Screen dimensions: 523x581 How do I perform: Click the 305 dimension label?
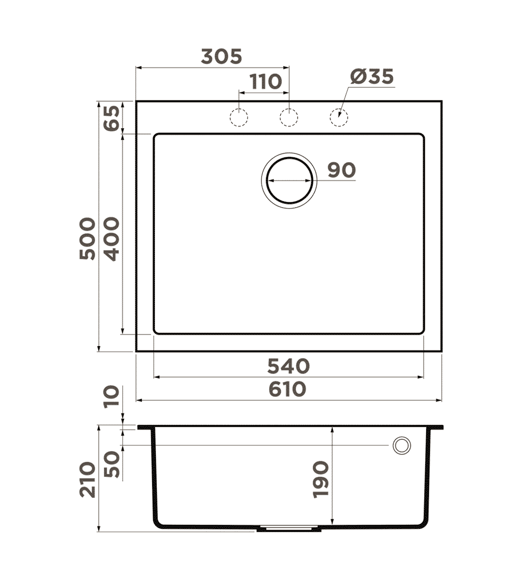coord(221,56)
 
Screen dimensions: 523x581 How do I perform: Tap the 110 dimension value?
coord(266,82)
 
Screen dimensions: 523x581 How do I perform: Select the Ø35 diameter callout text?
coord(372,77)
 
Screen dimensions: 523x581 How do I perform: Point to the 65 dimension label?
coord(111,118)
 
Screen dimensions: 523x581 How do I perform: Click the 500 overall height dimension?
coord(87,238)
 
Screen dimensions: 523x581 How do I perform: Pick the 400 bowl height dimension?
coord(111,239)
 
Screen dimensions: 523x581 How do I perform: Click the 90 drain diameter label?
coord(342,170)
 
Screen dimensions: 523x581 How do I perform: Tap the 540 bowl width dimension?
coord(288,367)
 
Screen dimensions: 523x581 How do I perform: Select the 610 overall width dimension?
coord(287,390)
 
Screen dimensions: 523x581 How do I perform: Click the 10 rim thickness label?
coord(111,397)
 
